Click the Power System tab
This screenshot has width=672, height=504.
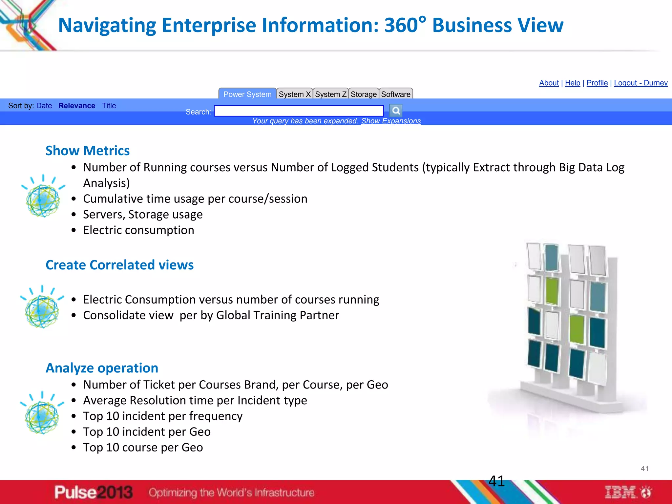[247, 94]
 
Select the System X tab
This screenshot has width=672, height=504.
[294, 94]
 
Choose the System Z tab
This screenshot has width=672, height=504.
[330, 94]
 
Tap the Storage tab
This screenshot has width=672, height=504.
[364, 94]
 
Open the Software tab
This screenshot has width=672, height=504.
[396, 94]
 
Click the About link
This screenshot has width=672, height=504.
[549, 83]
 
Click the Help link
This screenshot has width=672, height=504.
[573, 83]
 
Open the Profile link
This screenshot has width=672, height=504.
[597, 83]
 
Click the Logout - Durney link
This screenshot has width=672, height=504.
[640, 83]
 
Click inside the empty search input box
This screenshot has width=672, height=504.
[299, 111]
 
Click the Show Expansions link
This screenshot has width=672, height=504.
[391, 121]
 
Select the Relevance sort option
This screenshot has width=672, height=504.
[77, 106]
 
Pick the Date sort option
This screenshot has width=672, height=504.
[44, 106]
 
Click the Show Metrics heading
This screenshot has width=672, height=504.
[88, 151]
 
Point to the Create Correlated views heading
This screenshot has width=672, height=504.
[119, 265]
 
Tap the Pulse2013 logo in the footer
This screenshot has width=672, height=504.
[94, 492]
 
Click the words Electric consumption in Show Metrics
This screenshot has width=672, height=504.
[138, 230]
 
